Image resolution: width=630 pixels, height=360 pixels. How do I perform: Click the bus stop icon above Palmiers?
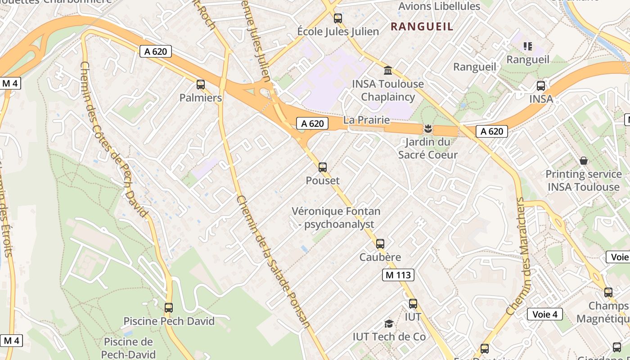[x=201, y=85]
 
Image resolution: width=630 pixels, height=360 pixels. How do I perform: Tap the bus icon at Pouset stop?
[x=323, y=167]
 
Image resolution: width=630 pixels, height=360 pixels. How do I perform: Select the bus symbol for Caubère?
[x=380, y=244]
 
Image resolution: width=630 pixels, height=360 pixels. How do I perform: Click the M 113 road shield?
[x=398, y=275]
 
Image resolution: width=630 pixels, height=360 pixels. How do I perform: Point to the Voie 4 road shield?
[x=544, y=314]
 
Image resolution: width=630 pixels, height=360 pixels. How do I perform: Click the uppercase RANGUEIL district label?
[x=422, y=27]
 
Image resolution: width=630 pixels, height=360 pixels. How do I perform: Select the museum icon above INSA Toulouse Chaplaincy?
[x=387, y=71]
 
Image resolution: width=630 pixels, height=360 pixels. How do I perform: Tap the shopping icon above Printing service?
[x=584, y=161]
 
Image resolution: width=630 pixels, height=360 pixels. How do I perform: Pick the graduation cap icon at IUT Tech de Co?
[x=389, y=324]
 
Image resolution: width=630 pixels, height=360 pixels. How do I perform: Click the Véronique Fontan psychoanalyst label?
[x=336, y=217]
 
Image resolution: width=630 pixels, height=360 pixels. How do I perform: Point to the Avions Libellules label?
[x=439, y=6]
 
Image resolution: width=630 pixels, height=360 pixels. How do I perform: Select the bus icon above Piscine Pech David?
[x=169, y=308]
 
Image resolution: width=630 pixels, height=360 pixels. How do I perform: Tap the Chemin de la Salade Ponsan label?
[x=273, y=262]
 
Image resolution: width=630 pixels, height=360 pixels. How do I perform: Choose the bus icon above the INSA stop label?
[x=541, y=86]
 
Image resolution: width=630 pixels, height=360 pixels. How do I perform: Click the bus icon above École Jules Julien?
[x=338, y=18]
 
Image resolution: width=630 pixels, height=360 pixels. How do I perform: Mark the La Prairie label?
[x=366, y=120]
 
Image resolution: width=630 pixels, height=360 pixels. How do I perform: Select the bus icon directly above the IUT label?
[x=413, y=304]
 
